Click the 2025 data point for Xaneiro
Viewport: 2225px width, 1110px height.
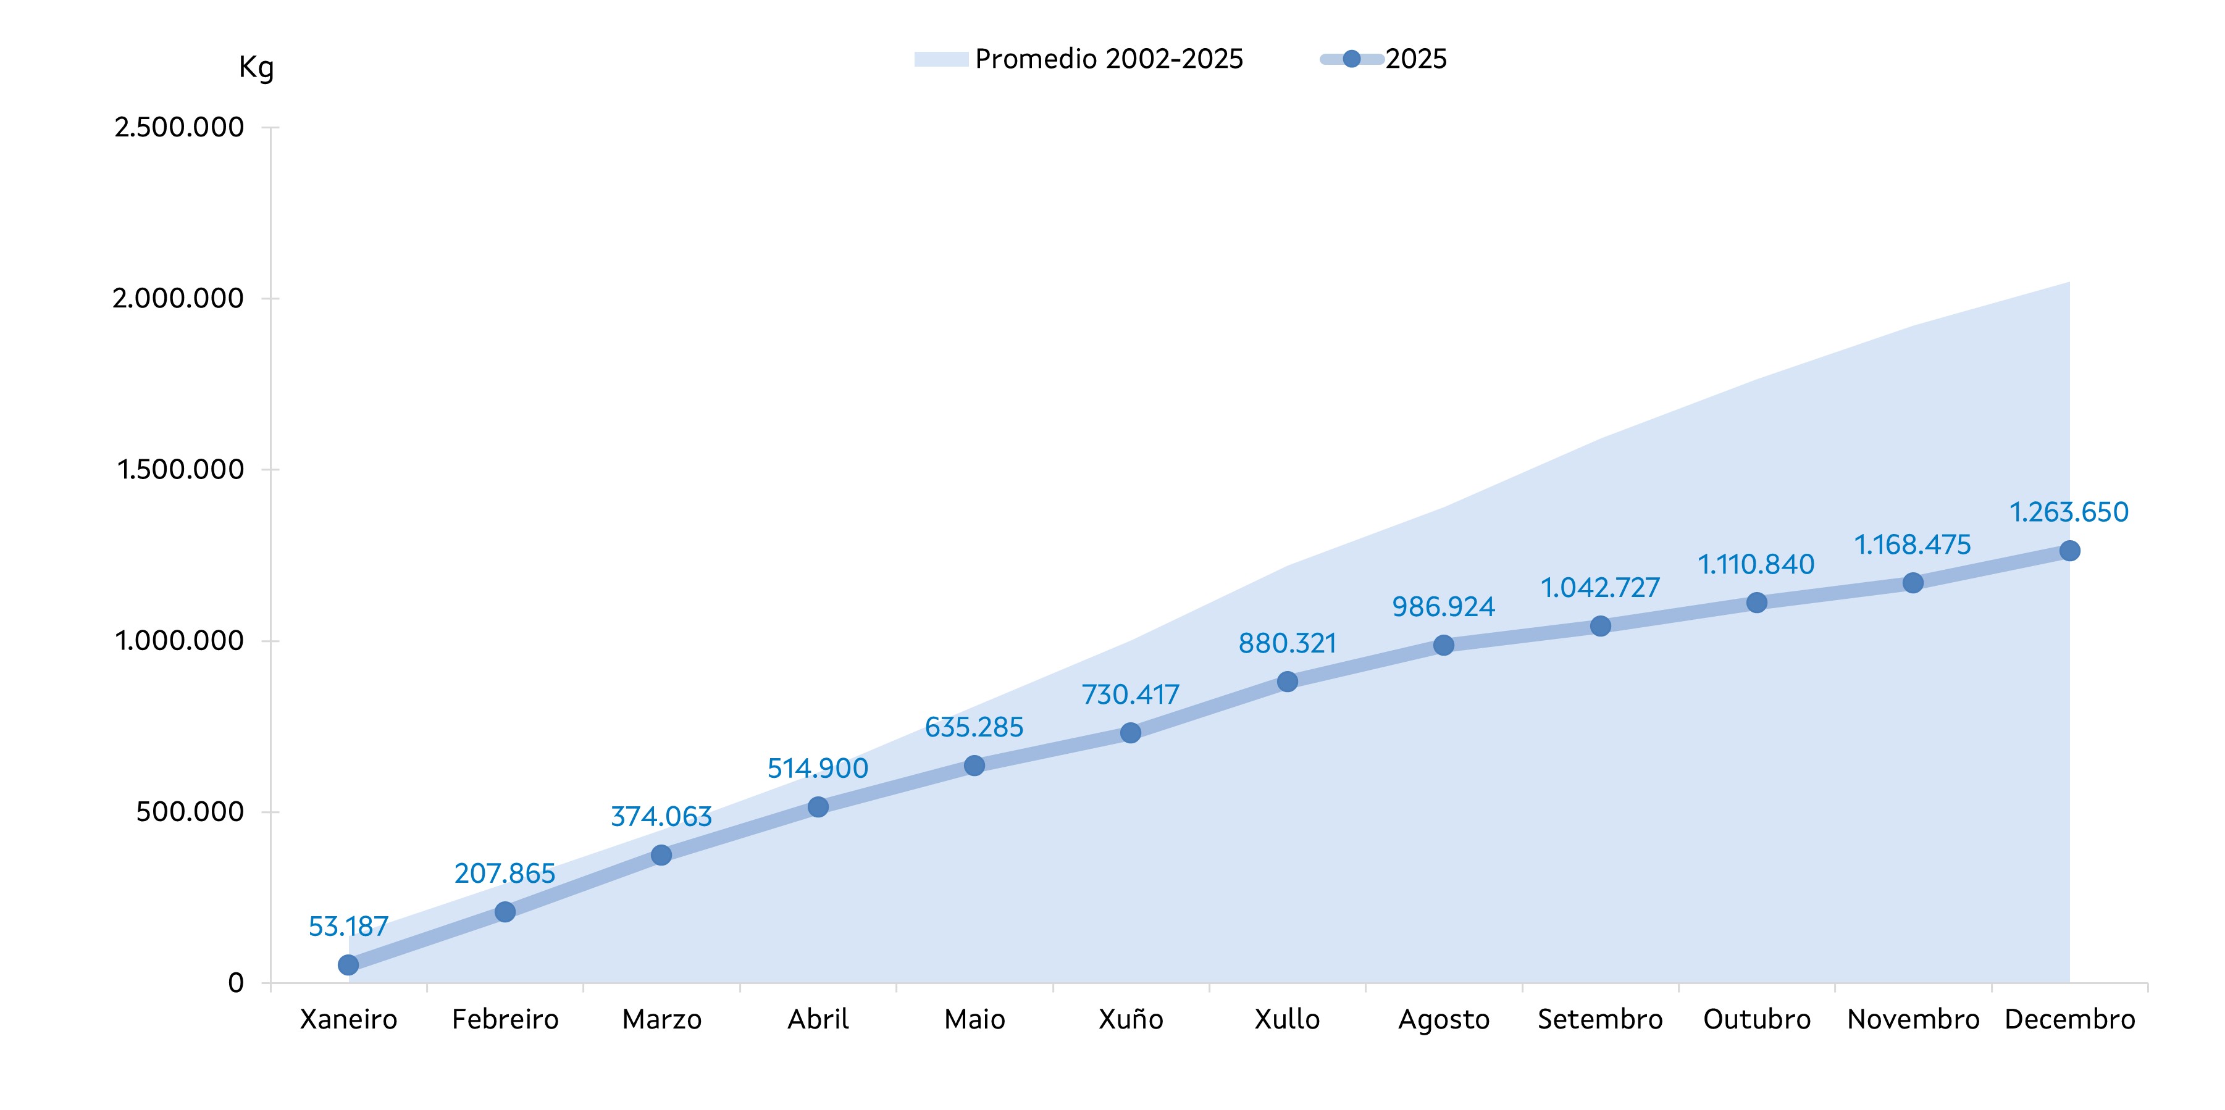pos(348,965)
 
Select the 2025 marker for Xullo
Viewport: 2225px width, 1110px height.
pos(1287,682)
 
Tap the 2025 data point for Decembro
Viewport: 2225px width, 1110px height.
pos(2069,550)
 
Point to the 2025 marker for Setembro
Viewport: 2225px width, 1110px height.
pos(1599,625)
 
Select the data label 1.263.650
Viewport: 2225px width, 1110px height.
pos(2069,512)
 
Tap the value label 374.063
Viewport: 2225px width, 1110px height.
pos(661,816)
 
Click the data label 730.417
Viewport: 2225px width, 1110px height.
pos(1131,695)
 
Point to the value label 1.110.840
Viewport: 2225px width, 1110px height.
pos(1756,565)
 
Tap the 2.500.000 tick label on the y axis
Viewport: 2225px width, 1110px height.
pos(179,128)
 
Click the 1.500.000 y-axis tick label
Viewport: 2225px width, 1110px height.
pos(180,470)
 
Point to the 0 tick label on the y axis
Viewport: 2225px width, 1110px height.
pos(236,983)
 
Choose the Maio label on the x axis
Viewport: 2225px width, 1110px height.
pos(974,1020)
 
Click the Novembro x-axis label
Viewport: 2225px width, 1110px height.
pos(1913,1020)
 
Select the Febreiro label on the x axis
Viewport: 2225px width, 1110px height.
pos(505,1020)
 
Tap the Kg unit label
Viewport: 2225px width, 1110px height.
pos(256,67)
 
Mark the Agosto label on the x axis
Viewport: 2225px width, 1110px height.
pos(1443,1020)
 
